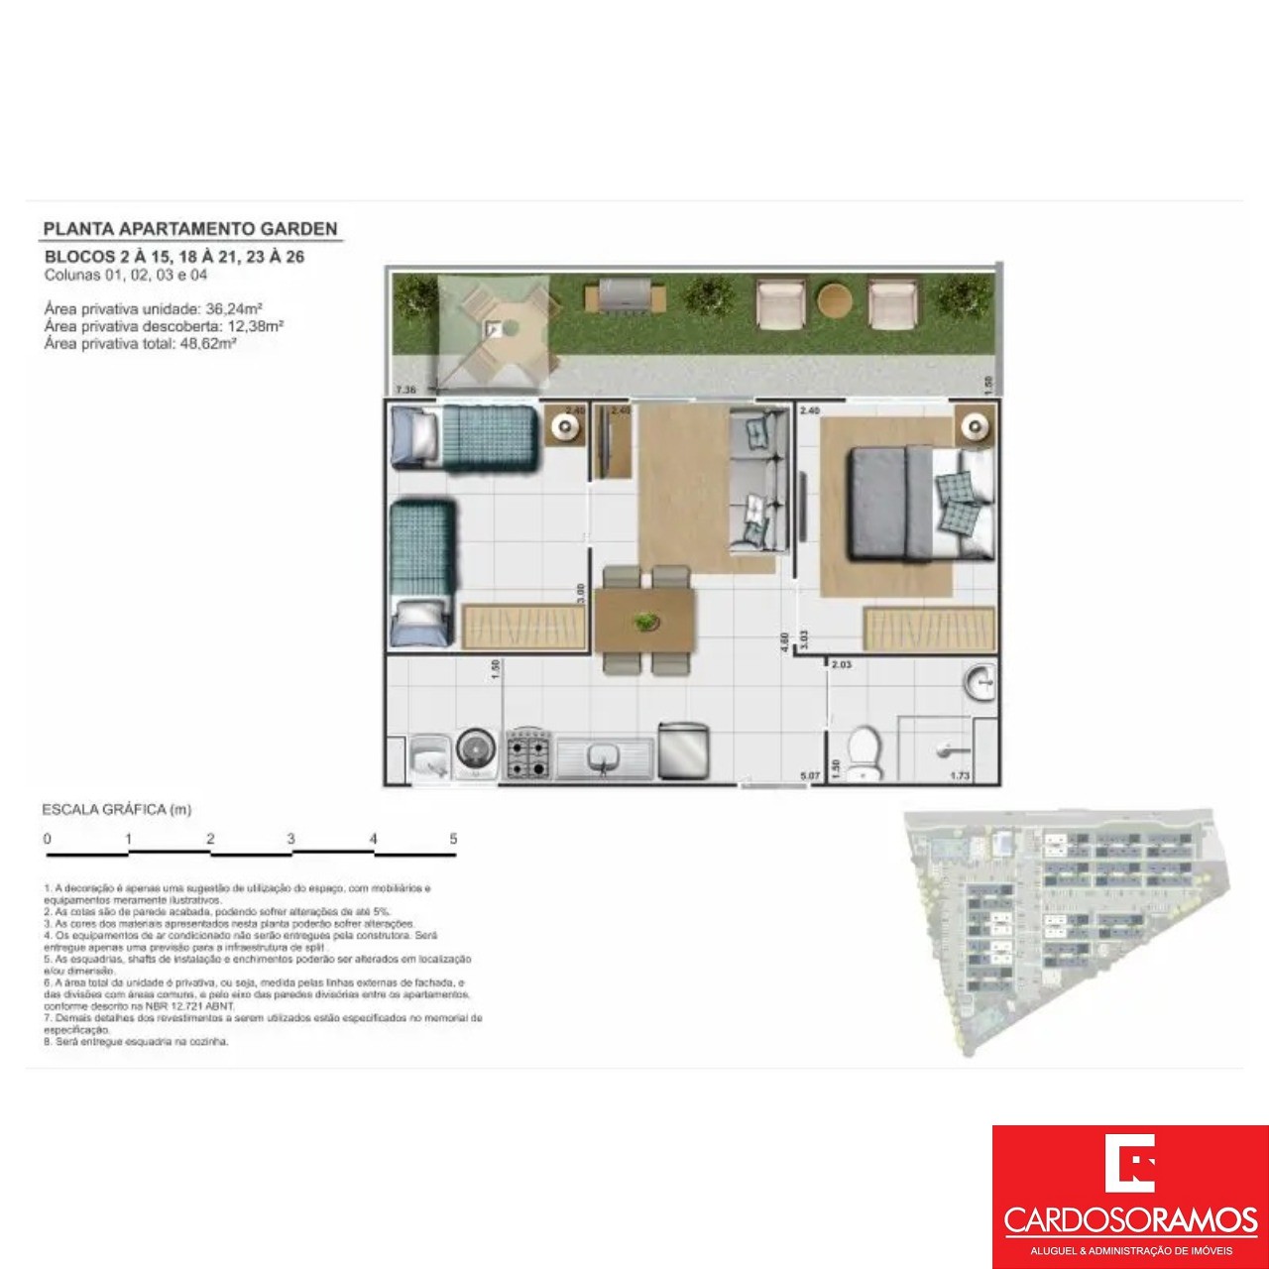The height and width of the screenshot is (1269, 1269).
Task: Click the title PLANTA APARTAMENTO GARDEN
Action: coord(189,229)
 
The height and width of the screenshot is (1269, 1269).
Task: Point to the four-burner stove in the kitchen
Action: coord(528,754)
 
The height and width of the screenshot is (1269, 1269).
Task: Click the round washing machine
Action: coord(477,750)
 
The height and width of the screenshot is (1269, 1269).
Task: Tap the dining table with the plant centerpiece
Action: coord(645,622)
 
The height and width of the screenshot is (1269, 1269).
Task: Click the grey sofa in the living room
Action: coord(758,480)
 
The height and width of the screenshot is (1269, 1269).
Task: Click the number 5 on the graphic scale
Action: coord(453,839)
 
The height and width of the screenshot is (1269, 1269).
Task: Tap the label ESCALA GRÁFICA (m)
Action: coord(116,810)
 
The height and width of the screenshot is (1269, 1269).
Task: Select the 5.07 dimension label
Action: coord(810,776)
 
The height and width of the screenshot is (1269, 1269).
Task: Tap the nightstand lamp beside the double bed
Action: coord(977,427)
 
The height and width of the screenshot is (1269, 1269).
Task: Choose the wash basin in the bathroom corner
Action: coord(980,683)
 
